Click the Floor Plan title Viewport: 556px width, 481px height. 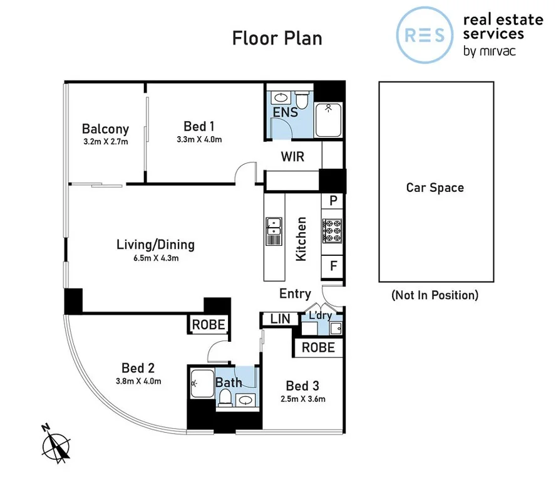277,38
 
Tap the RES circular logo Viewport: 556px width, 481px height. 425,35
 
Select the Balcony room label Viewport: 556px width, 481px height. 105,129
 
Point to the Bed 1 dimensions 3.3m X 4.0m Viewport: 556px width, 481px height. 199,140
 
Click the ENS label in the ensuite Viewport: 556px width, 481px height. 284,113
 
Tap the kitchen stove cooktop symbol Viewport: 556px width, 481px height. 331,231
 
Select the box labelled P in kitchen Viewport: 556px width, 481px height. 332,201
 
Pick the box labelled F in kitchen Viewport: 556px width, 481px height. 332,266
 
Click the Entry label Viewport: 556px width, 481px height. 295,293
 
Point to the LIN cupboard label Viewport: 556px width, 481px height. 280,319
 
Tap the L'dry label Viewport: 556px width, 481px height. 319,315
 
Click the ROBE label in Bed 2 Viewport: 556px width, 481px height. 209,325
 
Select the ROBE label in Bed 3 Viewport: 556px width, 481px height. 318,347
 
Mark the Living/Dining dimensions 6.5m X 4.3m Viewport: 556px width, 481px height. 155,258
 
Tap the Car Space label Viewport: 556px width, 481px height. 435,188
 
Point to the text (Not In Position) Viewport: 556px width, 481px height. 435,295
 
